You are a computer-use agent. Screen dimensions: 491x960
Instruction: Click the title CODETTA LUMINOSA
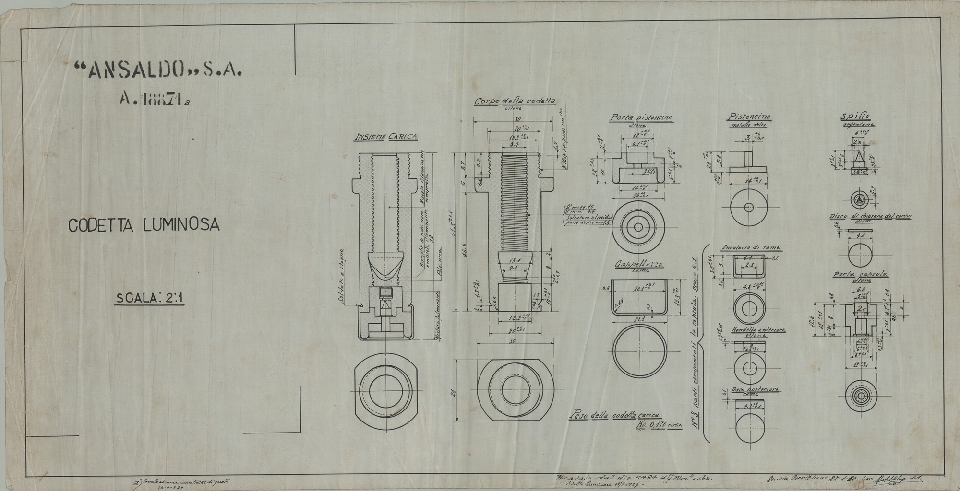coord(144,225)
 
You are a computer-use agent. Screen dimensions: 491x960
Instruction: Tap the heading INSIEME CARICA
coord(385,137)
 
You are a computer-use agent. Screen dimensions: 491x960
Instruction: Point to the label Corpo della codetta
coord(515,102)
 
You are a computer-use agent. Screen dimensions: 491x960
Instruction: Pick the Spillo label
coord(851,117)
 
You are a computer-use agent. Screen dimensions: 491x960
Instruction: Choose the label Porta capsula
coord(860,275)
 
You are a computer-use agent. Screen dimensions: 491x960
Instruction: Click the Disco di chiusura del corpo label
coord(870,217)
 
